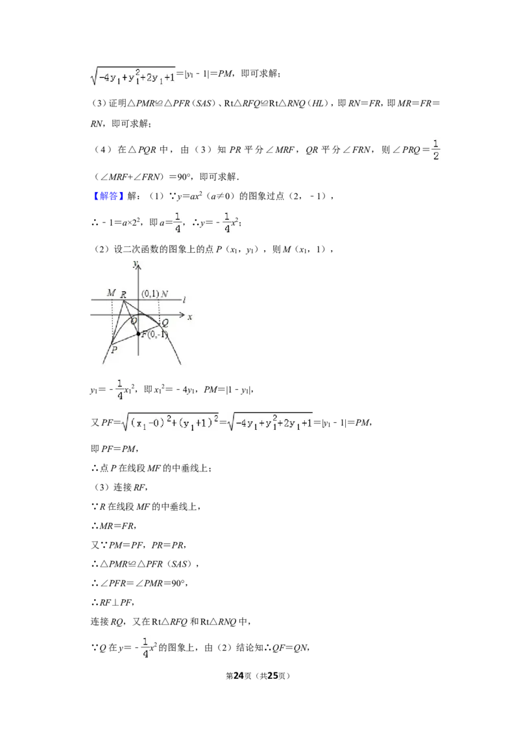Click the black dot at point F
tap(138, 334)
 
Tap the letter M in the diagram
tap(111, 292)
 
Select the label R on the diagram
tap(123, 294)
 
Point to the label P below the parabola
tap(114, 349)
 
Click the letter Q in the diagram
tap(165, 323)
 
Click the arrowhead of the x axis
tap(182, 314)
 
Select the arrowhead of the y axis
tap(138, 266)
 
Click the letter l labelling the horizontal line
tap(184, 300)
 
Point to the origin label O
tap(134, 321)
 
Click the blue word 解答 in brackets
tap(108, 196)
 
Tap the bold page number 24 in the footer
tap(239, 676)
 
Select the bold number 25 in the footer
tap(272, 676)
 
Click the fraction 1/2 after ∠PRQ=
tap(435, 150)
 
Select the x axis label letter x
tap(189, 317)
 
